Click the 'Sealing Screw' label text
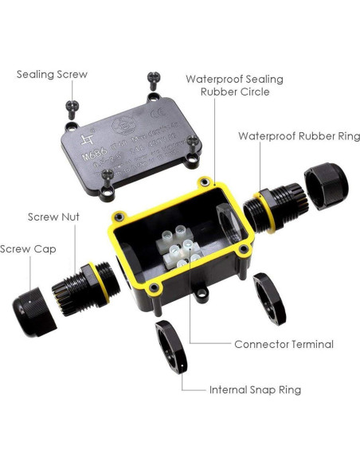pos(52,74)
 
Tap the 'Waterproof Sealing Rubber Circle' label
pos(234,84)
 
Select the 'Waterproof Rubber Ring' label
pos(299,136)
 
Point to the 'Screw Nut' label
pos(53,217)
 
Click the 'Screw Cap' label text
pos(28,248)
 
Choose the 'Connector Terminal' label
pos(284,345)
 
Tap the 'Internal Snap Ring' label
pos(255,390)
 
